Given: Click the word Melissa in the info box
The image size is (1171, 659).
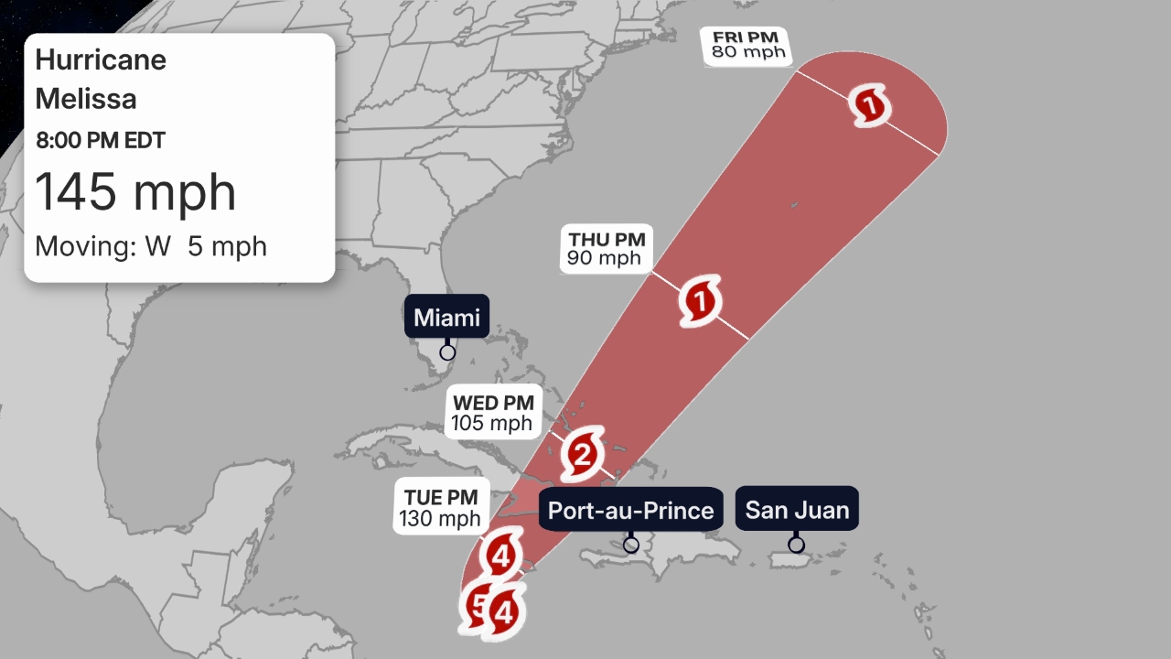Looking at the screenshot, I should click(x=86, y=99).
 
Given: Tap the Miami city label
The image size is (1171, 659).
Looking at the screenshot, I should click(x=447, y=317).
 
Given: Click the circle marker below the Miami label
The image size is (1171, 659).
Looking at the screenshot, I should click(x=447, y=352).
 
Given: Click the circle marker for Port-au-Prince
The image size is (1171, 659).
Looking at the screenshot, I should click(x=631, y=544).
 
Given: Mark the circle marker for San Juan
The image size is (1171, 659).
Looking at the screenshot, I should click(x=796, y=544).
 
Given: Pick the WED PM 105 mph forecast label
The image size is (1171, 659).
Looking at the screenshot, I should click(x=493, y=412).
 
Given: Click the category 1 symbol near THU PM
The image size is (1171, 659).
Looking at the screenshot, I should click(x=700, y=301).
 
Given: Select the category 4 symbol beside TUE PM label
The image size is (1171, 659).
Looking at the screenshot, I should click(x=501, y=556).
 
